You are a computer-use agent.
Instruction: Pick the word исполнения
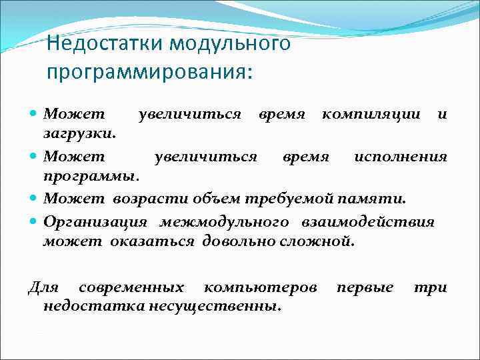point(400,157)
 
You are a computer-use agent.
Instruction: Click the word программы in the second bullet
point(91,177)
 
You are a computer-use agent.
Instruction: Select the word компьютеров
point(260,287)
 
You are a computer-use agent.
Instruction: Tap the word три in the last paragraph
point(430,287)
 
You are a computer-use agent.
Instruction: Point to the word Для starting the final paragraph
point(43,287)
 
